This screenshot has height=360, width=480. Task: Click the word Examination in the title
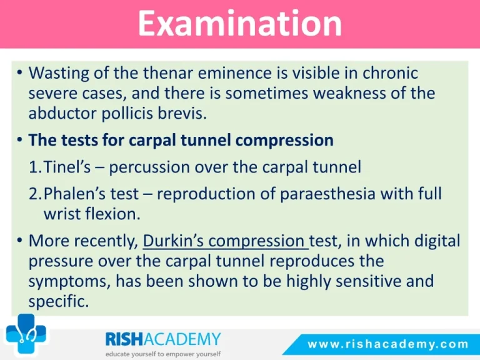pos(240,23)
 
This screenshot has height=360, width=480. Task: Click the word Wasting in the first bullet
pos(59,74)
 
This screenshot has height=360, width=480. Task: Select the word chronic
pos(390,73)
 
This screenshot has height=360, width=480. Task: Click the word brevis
pos(182,113)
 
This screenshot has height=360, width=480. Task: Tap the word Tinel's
pos(67,167)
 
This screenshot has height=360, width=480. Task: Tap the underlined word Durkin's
pos(173,241)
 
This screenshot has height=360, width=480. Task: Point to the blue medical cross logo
pos(26,334)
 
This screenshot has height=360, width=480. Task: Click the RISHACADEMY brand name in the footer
pos(163,339)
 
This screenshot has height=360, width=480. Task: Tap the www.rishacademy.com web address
pos(387,344)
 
